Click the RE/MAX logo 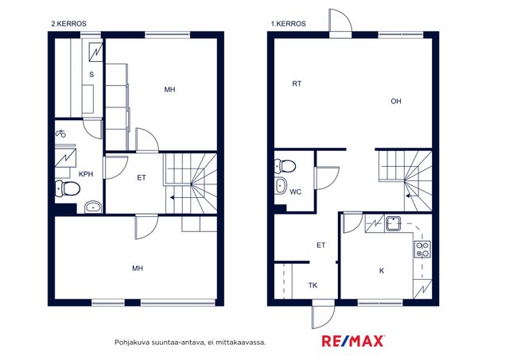point(353,341)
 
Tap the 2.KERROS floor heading point(69,24)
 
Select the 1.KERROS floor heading point(288,24)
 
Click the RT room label point(297,83)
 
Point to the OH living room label point(396,101)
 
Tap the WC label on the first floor point(295,192)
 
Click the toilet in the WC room point(285,166)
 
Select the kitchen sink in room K point(393,223)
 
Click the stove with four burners point(423,250)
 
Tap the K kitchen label point(382,270)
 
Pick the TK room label point(313,285)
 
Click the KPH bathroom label point(86,174)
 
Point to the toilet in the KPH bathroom point(68,188)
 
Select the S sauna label point(91,75)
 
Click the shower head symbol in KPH point(60,133)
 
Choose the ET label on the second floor point(142,178)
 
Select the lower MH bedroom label point(138,269)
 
